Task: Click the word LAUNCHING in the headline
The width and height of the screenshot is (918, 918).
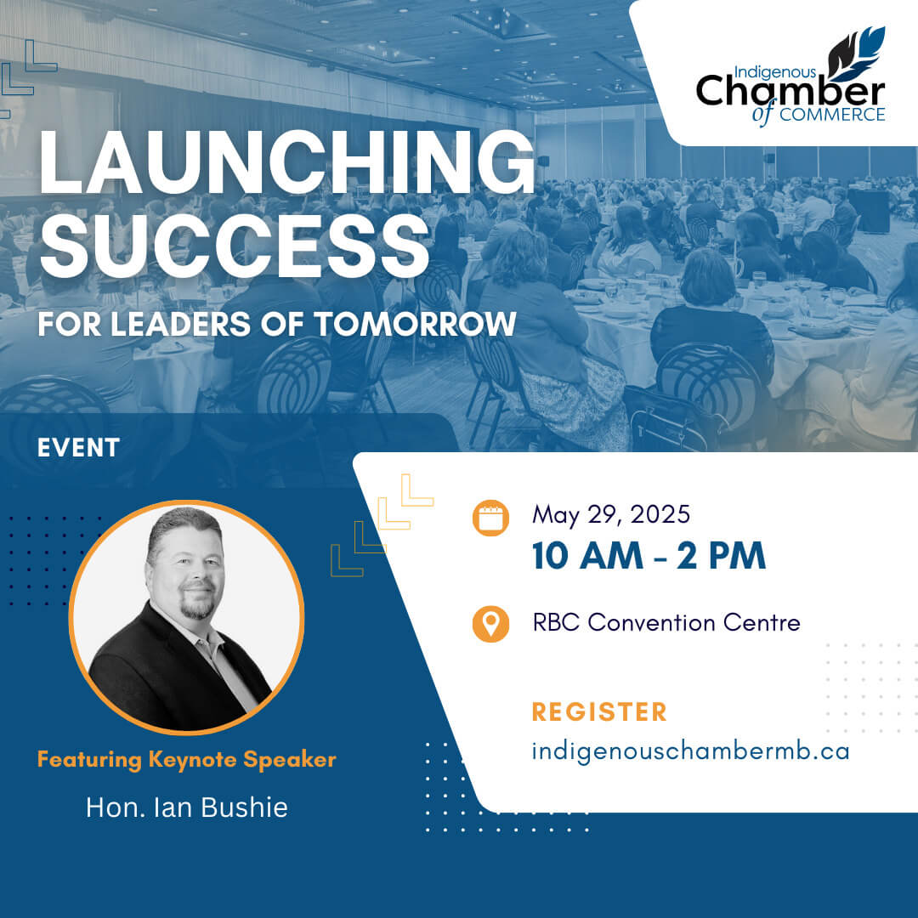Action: pyautogui.click(x=287, y=161)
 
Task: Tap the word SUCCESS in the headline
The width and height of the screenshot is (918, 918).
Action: pyautogui.click(x=235, y=246)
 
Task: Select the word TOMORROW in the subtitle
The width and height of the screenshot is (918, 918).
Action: pyautogui.click(x=415, y=324)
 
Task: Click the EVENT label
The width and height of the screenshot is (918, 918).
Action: pyautogui.click(x=78, y=448)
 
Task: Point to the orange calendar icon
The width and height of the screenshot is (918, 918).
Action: pyautogui.click(x=490, y=518)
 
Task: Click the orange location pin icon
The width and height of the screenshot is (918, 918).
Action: pyautogui.click(x=490, y=624)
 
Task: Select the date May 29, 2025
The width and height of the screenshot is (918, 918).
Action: pyautogui.click(x=611, y=515)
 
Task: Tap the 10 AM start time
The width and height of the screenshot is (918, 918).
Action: pyautogui.click(x=588, y=556)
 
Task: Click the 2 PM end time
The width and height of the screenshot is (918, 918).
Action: pyautogui.click(x=722, y=556)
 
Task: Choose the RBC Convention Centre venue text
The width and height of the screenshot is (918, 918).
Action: pyautogui.click(x=666, y=622)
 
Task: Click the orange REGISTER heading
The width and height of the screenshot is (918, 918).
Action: pyautogui.click(x=599, y=712)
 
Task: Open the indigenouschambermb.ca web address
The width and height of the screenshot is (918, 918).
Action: pyautogui.click(x=690, y=752)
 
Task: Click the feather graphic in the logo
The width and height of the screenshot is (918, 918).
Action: pyautogui.click(x=857, y=54)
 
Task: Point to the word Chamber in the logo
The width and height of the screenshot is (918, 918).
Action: pyautogui.click(x=790, y=92)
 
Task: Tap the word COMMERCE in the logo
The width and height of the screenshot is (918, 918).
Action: pyautogui.click(x=832, y=115)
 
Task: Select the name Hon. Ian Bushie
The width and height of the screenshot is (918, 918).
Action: pyautogui.click(x=187, y=807)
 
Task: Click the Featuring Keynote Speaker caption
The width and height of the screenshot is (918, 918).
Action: pyautogui.click(x=187, y=759)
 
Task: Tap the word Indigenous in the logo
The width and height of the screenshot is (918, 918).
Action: pyautogui.click(x=774, y=72)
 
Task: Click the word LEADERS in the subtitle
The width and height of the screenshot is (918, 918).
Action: pyautogui.click(x=180, y=324)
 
